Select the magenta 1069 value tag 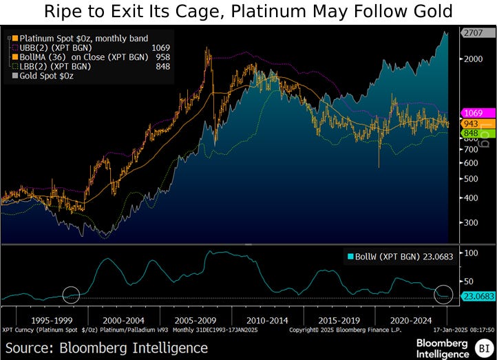477,112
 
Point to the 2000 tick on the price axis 472,59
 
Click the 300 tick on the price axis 469,223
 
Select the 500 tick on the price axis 469,179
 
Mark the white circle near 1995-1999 72,295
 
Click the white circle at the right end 444,294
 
